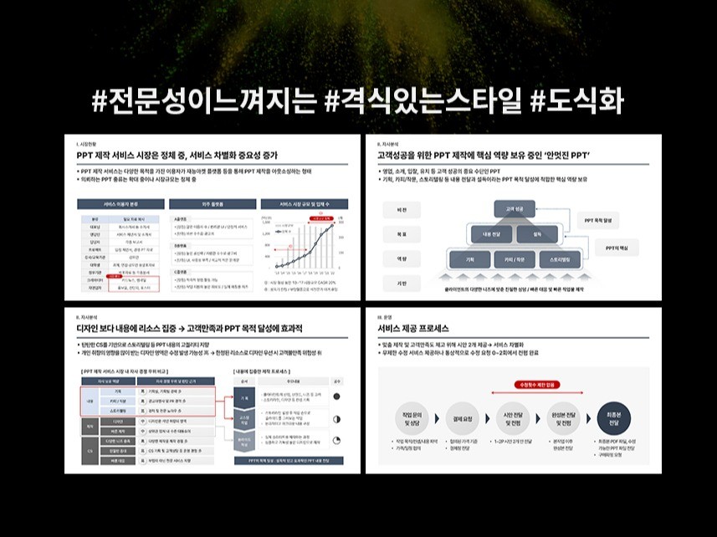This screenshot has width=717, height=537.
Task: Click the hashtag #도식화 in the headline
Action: [x=577, y=102]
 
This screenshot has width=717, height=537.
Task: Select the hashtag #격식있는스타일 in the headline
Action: [x=427, y=102]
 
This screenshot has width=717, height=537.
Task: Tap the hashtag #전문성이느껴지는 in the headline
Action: [x=204, y=102]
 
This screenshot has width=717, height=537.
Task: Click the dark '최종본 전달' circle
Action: [x=608, y=416]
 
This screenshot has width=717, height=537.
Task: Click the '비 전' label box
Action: [x=401, y=209]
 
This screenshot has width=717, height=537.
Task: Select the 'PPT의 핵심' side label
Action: [x=622, y=249]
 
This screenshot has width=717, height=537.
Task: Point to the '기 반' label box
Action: [x=401, y=284]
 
